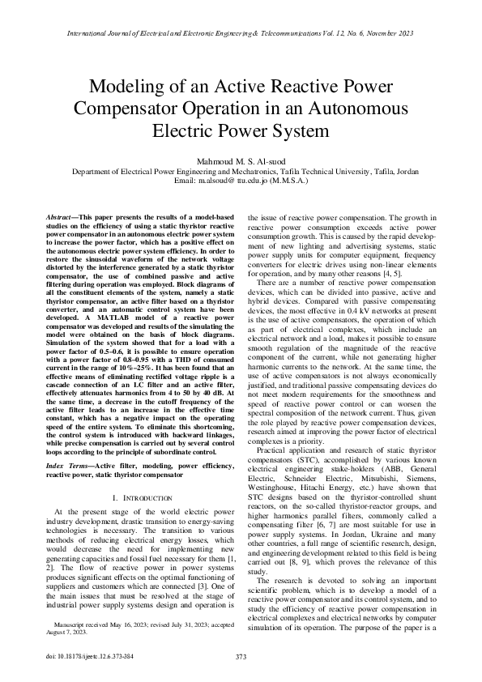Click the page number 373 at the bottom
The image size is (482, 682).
(x=241, y=656)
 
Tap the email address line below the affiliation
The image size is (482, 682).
(x=241, y=181)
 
